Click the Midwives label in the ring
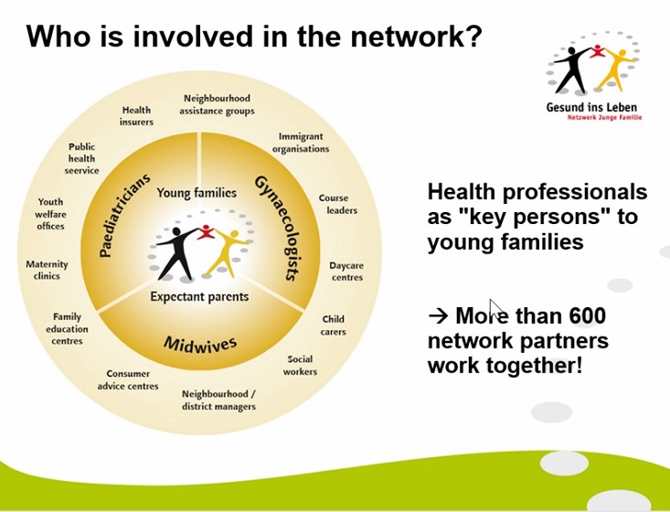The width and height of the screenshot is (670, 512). tap(200, 344)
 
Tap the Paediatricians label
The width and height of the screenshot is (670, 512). tap(124, 215)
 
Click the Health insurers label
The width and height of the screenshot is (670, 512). tap(136, 116)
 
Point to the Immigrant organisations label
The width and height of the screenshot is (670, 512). tap(301, 143)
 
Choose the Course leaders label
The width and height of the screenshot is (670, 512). tap(338, 204)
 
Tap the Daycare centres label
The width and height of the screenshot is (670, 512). tap(346, 272)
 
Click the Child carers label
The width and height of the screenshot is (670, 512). tap(334, 325)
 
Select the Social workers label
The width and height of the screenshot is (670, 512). tap(300, 366)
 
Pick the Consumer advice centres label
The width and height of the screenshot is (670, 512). tap(128, 380)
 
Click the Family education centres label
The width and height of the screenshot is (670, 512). tap(67, 328)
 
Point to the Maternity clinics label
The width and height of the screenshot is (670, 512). tap(47, 270)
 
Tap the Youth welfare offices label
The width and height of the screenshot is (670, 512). tap(50, 214)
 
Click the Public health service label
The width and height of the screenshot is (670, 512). tap(81, 158)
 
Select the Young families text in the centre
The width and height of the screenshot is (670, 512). tap(197, 193)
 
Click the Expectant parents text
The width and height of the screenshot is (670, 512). tap(199, 296)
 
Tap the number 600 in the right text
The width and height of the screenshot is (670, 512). tap(588, 315)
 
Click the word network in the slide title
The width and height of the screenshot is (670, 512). tap(415, 37)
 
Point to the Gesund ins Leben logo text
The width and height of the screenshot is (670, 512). tap(591, 107)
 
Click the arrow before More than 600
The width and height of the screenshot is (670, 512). tap(438, 315)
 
